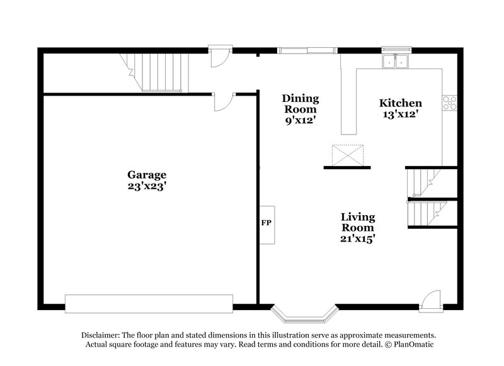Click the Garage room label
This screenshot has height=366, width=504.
pyautogui.click(x=146, y=175)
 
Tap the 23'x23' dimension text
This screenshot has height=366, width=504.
pyautogui.click(x=146, y=186)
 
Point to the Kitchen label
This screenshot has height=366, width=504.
pyautogui.click(x=400, y=103)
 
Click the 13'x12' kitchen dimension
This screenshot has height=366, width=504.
pyautogui.click(x=400, y=114)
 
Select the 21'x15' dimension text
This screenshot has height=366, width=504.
pyautogui.click(x=358, y=239)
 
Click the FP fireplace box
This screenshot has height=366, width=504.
pyautogui.click(x=266, y=223)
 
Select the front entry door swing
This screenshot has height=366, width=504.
pyautogui.click(x=431, y=299)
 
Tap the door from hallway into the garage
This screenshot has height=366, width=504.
pyautogui.click(x=223, y=101)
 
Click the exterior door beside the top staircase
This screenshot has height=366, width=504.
pyautogui.click(x=218, y=57)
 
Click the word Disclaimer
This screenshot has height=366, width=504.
pyautogui.click(x=100, y=335)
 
